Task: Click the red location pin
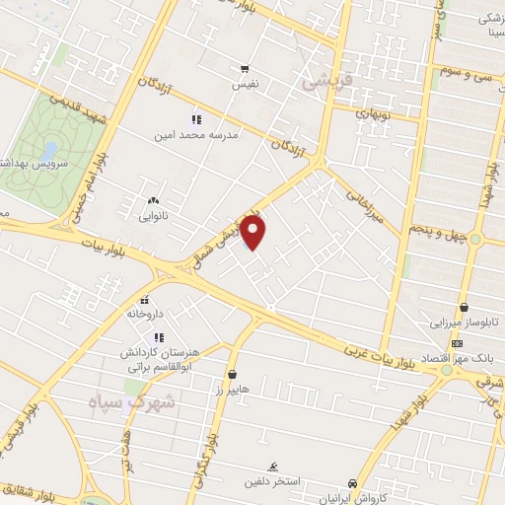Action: coord(254,234)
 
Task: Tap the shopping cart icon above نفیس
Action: coord(244,69)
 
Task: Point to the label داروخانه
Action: coord(143,314)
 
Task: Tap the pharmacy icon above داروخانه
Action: coord(144,300)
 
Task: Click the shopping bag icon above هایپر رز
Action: coord(232,375)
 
